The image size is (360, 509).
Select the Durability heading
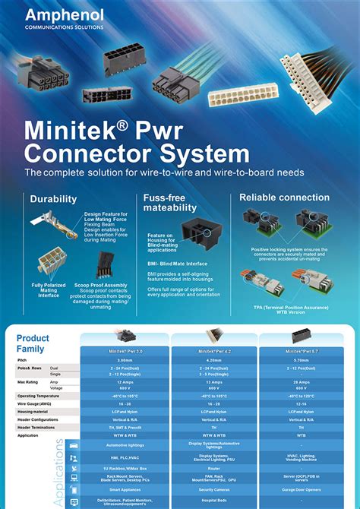[x=53, y=199]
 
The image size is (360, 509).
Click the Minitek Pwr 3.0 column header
[x=125, y=352]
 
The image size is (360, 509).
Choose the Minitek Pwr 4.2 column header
[x=214, y=352]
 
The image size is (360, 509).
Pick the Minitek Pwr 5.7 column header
[x=302, y=352]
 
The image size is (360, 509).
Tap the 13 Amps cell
[x=214, y=381]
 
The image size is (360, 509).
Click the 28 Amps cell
[x=302, y=381]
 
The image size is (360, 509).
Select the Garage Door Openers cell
[x=302, y=491]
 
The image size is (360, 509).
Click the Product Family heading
[x=33, y=343]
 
